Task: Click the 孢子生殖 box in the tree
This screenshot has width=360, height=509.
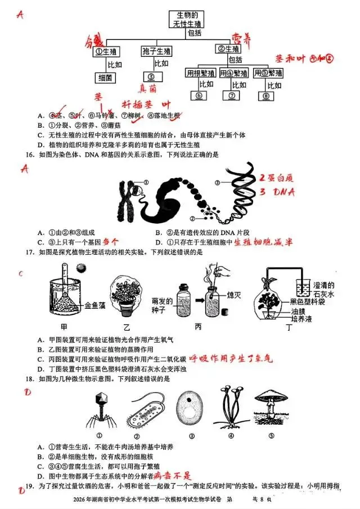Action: pyautogui.click(x=156, y=52)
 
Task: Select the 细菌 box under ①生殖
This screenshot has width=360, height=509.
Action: pyautogui.click(x=106, y=77)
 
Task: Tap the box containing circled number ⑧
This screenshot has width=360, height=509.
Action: pyautogui.click(x=267, y=96)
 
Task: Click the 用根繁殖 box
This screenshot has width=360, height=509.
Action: pyautogui.click(x=200, y=73)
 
